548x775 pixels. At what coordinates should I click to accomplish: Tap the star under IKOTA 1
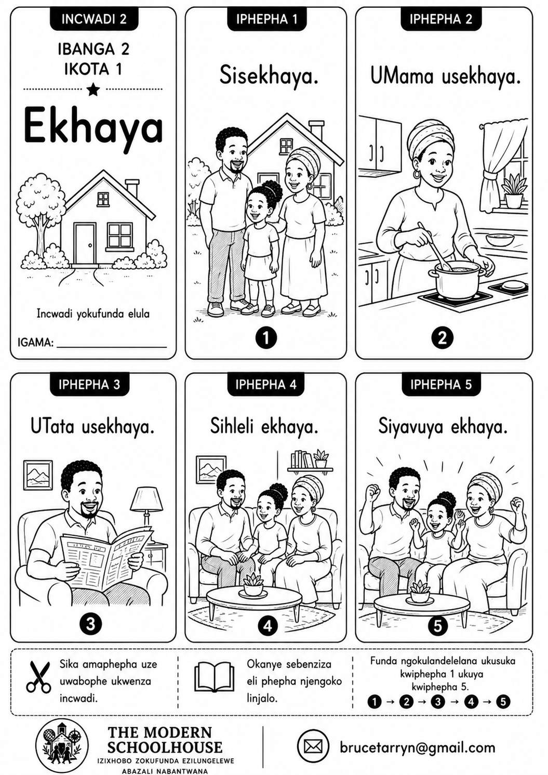[x=93, y=89]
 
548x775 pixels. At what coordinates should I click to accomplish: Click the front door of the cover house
[x=85, y=244]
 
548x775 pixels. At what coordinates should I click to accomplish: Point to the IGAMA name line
[x=112, y=347]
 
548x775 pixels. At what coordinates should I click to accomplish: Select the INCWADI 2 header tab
[x=94, y=19]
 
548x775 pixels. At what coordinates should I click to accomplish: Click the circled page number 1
[x=266, y=338]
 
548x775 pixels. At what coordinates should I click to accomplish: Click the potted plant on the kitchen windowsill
[x=513, y=191]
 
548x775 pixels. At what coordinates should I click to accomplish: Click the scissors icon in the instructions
[x=39, y=684]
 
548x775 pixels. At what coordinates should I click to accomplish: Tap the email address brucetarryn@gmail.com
[x=418, y=747]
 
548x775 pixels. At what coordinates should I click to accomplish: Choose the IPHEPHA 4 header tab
[x=266, y=384]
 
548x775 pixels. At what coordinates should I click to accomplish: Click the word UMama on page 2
[x=402, y=76]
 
